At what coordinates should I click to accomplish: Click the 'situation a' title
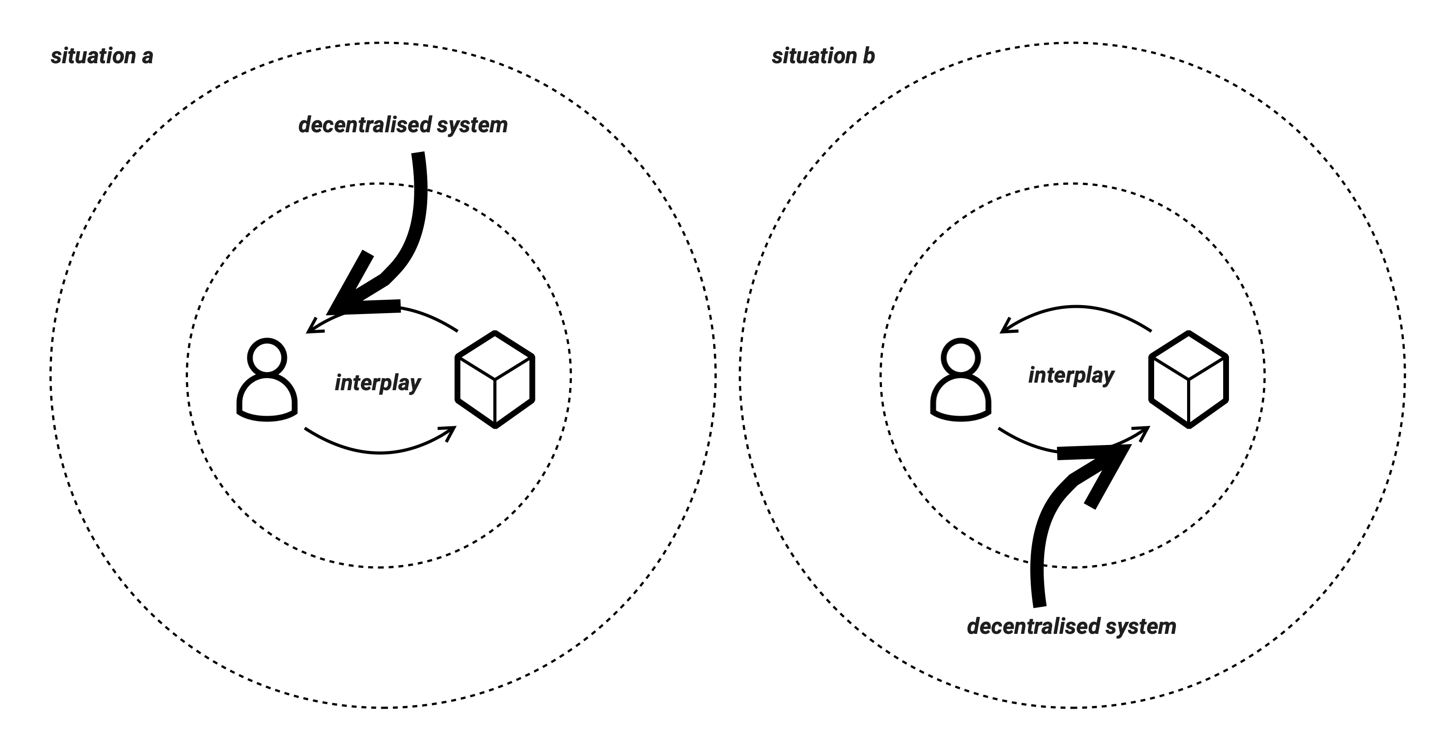pyautogui.click(x=102, y=56)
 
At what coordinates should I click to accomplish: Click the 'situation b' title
pyautogui.click(x=823, y=56)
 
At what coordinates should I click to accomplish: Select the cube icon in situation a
pyautogui.click(x=495, y=380)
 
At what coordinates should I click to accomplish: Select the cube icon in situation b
pyautogui.click(x=1188, y=380)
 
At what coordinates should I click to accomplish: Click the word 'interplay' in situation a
pyautogui.click(x=378, y=383)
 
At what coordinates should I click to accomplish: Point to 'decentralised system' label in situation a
pyautogui.click(x=403, y=125)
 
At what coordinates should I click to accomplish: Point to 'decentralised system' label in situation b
pyautogui.click(x=1071, y=626)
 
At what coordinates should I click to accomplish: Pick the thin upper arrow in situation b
pyautogui.click(x=1076, y=311)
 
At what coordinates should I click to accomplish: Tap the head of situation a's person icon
pyautogui.click(x=267, y=356)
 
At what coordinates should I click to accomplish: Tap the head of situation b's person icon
pyautogui.click(x=960, y=356)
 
